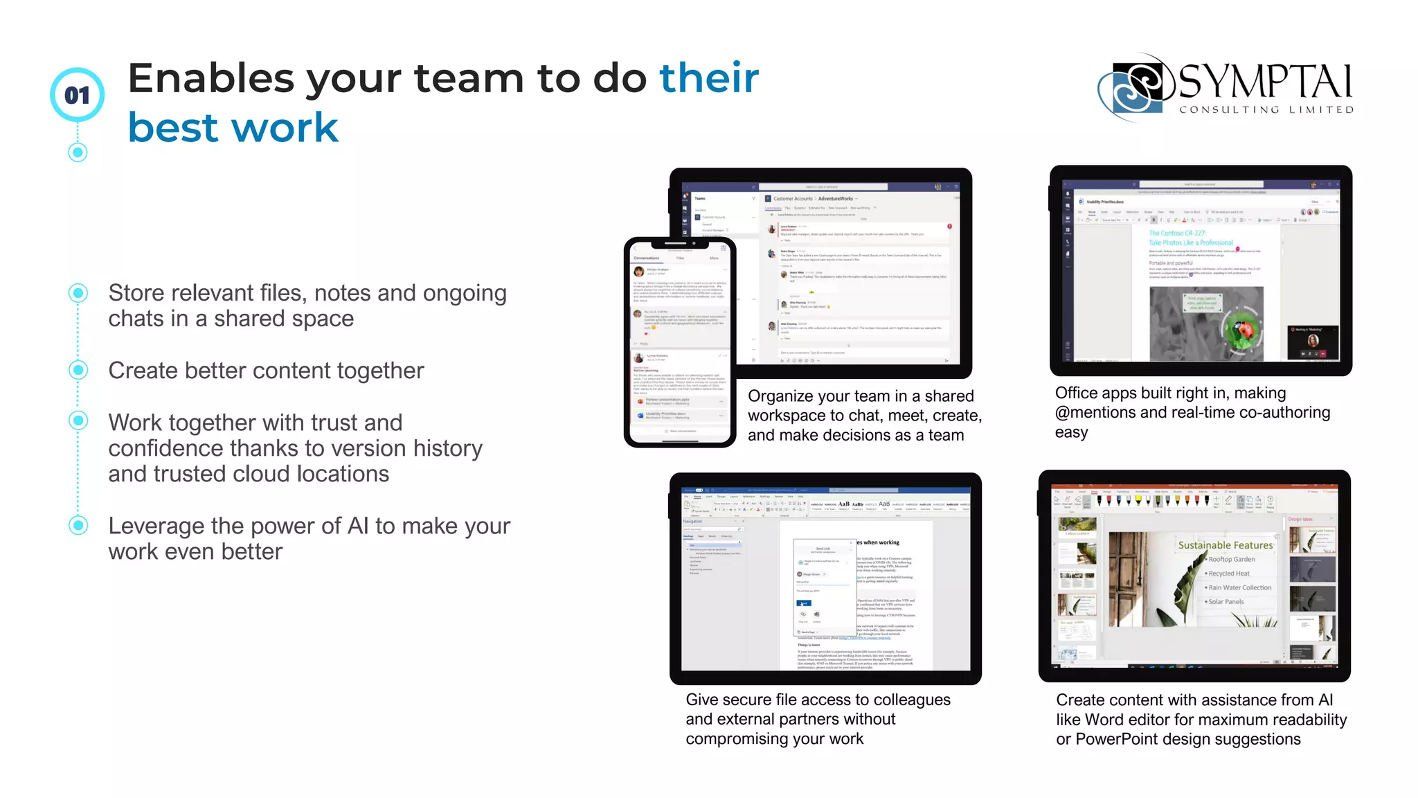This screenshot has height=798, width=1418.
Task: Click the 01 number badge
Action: [77, 95]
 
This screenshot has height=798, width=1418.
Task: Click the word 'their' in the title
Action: [709, 78]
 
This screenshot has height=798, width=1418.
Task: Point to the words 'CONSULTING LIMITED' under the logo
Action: [1266, 109]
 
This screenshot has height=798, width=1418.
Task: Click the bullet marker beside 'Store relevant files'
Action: [78, 293]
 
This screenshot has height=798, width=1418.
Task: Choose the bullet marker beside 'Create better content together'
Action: [78, 370]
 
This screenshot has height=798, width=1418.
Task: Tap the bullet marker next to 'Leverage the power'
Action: [78, 525]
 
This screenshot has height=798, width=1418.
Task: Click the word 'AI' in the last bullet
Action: [358, 526]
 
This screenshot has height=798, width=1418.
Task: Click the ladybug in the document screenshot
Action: [1244, 332]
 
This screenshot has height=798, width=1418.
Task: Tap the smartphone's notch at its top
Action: [679, 244]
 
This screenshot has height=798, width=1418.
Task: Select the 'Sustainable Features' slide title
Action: [1226, 545]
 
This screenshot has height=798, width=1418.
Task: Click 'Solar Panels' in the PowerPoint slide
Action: [1226, 602]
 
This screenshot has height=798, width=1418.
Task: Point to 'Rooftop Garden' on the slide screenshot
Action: [1231, 559]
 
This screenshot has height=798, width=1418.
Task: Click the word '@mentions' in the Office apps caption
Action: [1095, 413]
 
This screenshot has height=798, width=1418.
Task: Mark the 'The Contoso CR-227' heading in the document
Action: [1177, 233]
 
